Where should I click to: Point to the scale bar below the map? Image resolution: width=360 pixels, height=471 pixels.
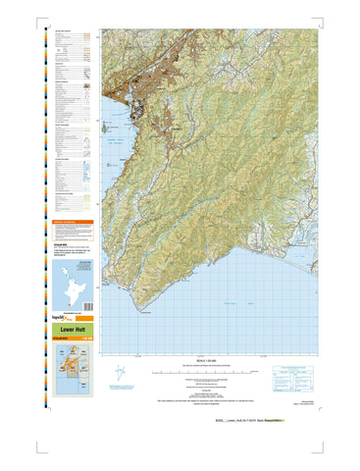204,373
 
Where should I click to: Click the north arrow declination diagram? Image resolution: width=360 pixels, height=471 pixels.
120,374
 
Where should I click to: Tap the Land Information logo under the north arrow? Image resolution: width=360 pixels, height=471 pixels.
121,391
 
